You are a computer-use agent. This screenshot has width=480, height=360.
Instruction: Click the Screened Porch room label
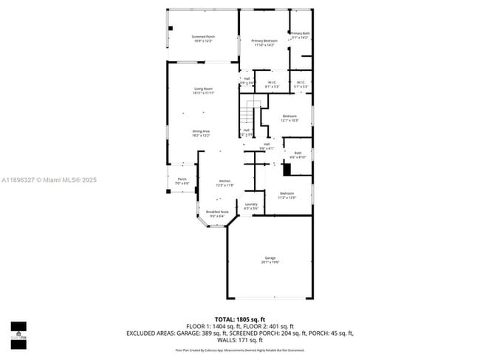coord(203,38)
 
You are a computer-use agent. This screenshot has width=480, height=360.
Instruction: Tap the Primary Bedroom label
coord(263,43)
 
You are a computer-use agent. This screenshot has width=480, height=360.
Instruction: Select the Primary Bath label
coord(300,35)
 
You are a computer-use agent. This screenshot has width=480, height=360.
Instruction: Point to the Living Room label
coord(203,91)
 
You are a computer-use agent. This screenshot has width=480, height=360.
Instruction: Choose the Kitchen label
coord(224,183)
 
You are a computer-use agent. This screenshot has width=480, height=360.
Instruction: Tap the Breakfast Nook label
coord(217,214)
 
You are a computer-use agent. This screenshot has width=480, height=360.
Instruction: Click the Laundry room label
coord(251,206)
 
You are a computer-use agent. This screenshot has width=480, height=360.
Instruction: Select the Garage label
coord(270,260)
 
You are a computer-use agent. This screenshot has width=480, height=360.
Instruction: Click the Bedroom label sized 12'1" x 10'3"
coord(289,118)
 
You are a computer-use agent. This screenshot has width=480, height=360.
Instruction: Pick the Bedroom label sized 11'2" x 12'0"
coord(287,195)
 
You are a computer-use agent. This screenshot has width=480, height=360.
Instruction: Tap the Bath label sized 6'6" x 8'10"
coord(298,155)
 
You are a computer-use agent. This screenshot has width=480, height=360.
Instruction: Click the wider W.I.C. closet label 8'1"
coord(272,84)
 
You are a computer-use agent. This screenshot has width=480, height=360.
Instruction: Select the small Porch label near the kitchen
coord(182,181)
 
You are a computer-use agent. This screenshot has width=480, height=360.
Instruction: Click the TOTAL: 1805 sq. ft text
coord(239,319)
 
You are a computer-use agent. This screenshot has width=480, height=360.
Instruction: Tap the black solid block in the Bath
coord(288,169)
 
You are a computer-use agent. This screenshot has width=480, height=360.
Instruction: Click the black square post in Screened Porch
coord(170,30)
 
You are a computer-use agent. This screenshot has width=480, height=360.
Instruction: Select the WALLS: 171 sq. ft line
coord(239,340)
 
